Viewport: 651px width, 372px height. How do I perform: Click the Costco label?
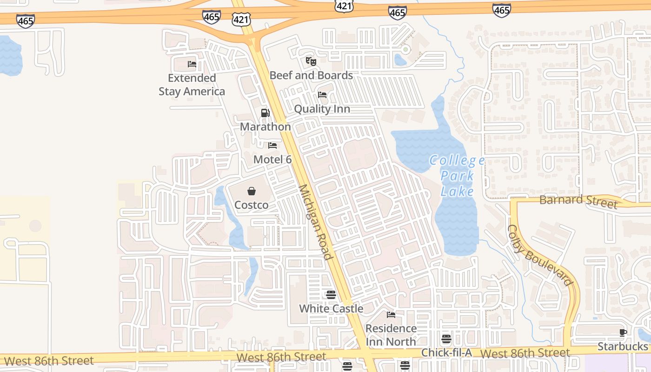point(251,205)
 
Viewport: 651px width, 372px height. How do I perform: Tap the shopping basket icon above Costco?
point(251,191)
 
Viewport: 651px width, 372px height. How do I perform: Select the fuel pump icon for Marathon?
point(265,113)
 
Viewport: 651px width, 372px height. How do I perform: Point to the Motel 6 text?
point(272,159)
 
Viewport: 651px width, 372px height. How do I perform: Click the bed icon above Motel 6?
point(272,146)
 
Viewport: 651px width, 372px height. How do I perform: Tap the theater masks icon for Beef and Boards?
point(311,61)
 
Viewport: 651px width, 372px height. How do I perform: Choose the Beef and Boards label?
point(311,75)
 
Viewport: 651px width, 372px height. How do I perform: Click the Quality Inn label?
point(322,109)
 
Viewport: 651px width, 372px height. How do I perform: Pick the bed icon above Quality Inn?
point(322,95)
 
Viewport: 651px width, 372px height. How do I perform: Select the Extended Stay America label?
point(192,85)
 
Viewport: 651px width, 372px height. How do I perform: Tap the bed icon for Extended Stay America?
point(192,64)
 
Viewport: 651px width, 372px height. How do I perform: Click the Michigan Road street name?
point(316,222)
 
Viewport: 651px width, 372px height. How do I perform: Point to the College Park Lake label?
point(457,176)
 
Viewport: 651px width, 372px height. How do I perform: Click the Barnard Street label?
point(578,201)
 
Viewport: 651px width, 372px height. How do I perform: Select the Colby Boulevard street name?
point(539,255)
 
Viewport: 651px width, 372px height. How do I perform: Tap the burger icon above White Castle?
point(331,294)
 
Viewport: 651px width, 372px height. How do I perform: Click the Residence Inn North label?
point(391,335)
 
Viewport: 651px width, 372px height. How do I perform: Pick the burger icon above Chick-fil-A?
point(446,339)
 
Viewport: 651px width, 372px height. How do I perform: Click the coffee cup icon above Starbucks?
point(623,332)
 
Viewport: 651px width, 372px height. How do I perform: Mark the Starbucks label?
point(622,346)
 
